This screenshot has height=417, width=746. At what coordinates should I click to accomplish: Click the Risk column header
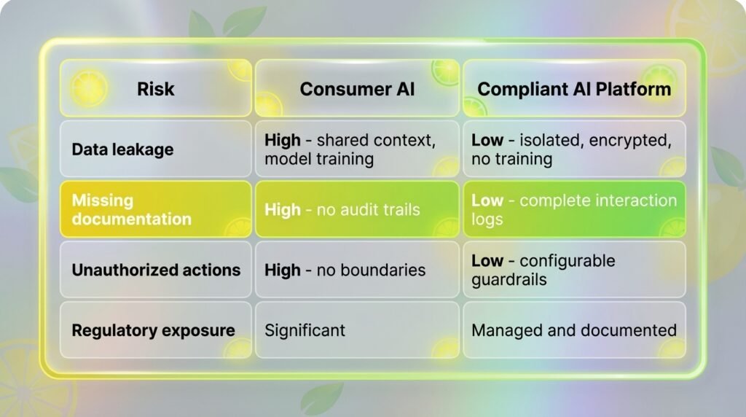(x=156, y=89)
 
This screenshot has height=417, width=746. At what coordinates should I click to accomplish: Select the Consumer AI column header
(x=357, y=89)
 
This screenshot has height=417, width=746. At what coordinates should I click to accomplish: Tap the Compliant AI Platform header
(x=574, y=89)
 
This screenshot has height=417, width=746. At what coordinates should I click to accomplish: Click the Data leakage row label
(x=122, y=149)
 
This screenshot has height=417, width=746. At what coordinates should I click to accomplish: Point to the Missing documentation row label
(x=132, y=209)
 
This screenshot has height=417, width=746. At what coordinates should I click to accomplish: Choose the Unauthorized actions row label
(x=156, y=270)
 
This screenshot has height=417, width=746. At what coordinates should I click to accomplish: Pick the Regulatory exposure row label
(x=153, y=330)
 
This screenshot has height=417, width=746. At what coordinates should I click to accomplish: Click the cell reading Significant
(x=305, y=330)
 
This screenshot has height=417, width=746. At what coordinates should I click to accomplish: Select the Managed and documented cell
(x=574, y=330)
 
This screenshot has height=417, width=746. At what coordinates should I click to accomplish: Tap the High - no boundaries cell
(x=345, y=270)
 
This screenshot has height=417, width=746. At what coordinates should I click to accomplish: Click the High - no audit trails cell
(x=342, y=209)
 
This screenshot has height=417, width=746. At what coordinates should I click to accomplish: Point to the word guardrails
(x=509, y=279)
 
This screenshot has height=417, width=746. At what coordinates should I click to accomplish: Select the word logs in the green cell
(x=487, y=219)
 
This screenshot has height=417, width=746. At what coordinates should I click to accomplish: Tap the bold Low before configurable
(x=487, y=260)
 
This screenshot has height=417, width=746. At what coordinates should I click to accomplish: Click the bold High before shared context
(x=283, y=140)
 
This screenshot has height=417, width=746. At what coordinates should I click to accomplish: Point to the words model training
(x=319, y=159)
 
